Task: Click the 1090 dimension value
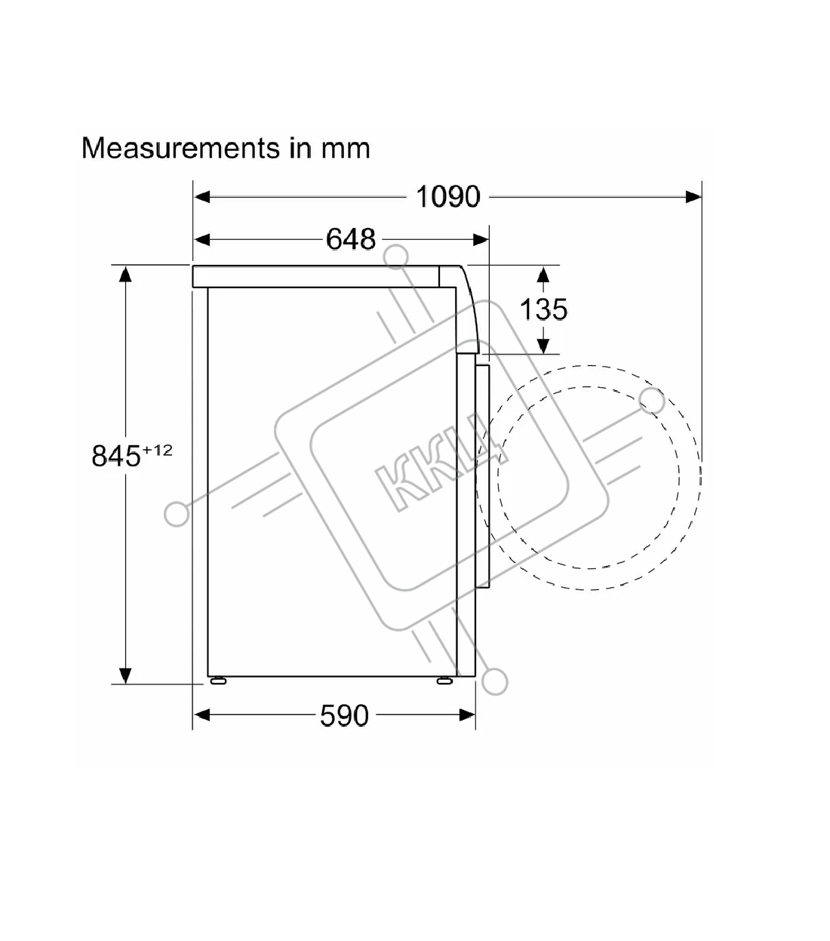(x=447, y=196)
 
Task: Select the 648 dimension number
(x=351, y=239)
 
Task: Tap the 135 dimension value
(x=543, y=309)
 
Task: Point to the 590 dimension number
(x=344, y=715)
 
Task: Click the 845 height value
(x=116, y=456)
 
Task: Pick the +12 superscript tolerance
(x=158, y=450)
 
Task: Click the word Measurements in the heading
(x=180, y=148)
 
